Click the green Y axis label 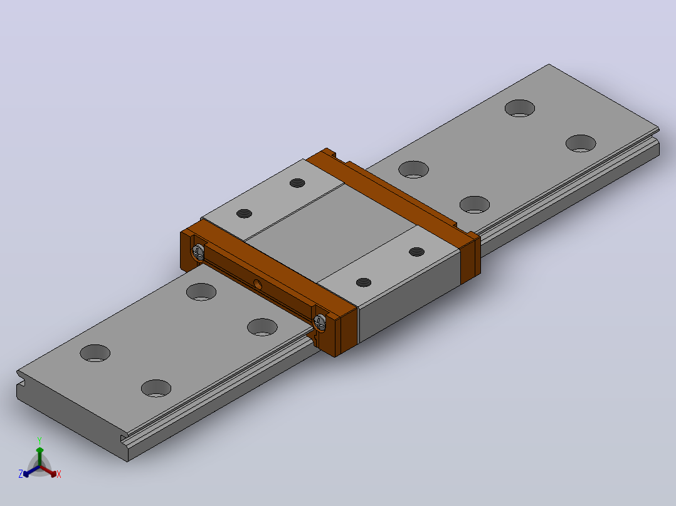[x=40, y=441]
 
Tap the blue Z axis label [x=20, y=473]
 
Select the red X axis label [x=59, y=474]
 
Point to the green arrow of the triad [x=40, y=457]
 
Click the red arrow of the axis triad [x=48, y=471]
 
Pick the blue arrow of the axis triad [x=31, y=472]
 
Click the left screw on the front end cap [x=198, y=252]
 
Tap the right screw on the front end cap [x=319, y=322]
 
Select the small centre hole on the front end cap [x=257, y=284]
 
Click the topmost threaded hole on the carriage [x=297, y=183]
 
